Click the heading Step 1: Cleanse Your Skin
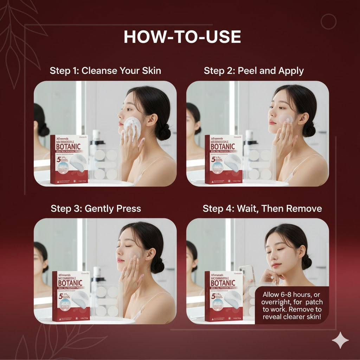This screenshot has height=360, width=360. tap(105, 70)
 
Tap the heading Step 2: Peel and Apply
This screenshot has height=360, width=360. tap(253, 70)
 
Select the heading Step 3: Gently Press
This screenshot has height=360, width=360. tap(96, 208)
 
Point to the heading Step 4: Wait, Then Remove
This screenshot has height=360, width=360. tap(262, 208)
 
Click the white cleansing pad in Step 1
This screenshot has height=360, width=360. tap(132, 125)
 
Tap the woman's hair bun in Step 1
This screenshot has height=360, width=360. tap(163, 132)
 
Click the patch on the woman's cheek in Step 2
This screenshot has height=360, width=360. tap(286, 119)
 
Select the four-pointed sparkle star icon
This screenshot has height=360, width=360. tap(340, 340)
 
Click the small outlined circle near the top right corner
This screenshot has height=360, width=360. tap(329, 22)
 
